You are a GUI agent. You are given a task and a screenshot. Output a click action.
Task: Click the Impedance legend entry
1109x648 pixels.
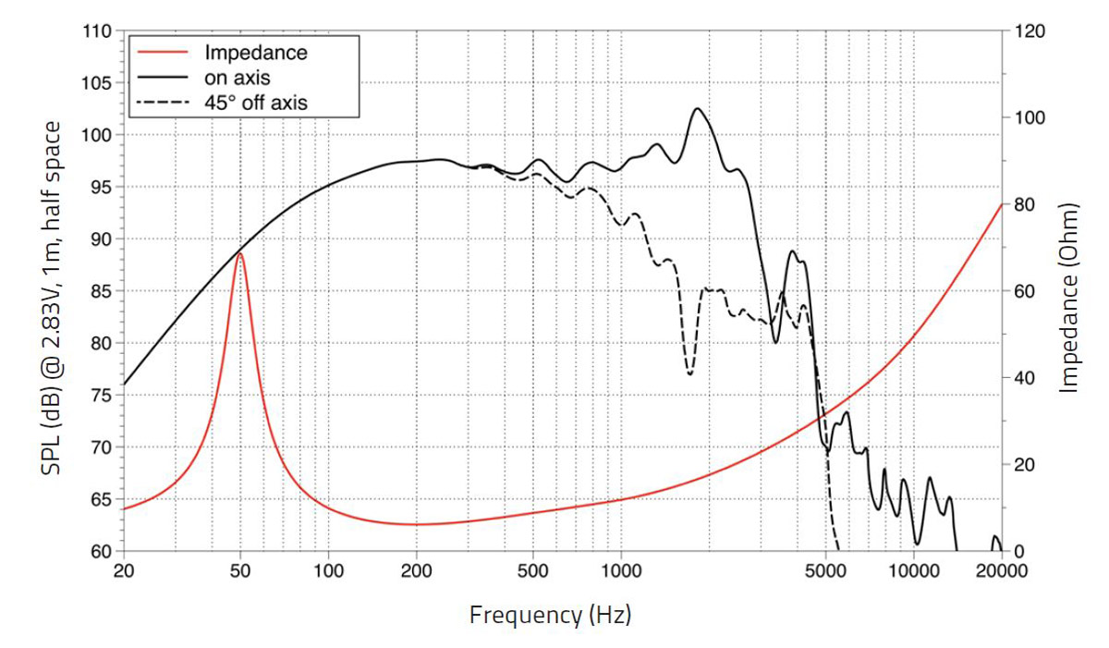(x=255, y=53)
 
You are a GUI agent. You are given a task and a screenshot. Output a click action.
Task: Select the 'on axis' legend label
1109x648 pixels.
(x=237, y=78)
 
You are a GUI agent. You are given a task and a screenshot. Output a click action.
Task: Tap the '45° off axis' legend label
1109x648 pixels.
(x=255, y=103)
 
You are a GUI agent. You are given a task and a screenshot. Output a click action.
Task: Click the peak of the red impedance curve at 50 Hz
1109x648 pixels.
(x=240, y=252)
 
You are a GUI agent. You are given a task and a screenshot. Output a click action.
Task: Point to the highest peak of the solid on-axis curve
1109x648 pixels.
(x=697, y=108)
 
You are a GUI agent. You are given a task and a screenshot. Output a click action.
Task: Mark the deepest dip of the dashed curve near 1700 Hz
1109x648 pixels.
(x=689, y=374)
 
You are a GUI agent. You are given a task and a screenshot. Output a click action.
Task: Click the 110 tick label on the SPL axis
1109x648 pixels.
(x=97, y=31)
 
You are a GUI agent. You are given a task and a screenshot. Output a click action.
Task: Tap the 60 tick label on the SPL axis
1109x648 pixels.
(x=101, y=553)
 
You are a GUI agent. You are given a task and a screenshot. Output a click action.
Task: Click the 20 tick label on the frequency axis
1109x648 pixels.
(x=123, y=571)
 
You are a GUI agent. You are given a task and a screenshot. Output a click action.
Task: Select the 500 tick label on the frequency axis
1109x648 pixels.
(x=533, y=571)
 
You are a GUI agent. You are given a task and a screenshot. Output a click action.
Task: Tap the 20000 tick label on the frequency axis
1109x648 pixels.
(x=1002, y=571)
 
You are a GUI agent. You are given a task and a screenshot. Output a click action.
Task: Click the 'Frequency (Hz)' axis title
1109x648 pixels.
(x=551, y=614)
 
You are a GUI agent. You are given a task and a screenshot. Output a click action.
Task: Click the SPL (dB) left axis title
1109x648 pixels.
(x=54, y=298)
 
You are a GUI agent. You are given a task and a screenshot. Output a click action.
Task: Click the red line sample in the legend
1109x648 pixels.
(x=163, y=53)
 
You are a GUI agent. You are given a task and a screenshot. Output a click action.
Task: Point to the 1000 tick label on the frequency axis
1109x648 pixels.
(x=621, y=571)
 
